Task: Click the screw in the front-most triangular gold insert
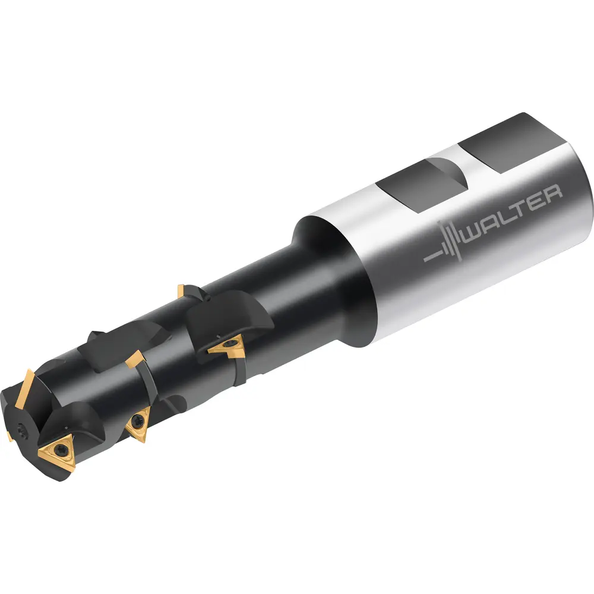[x=60, y=450]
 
